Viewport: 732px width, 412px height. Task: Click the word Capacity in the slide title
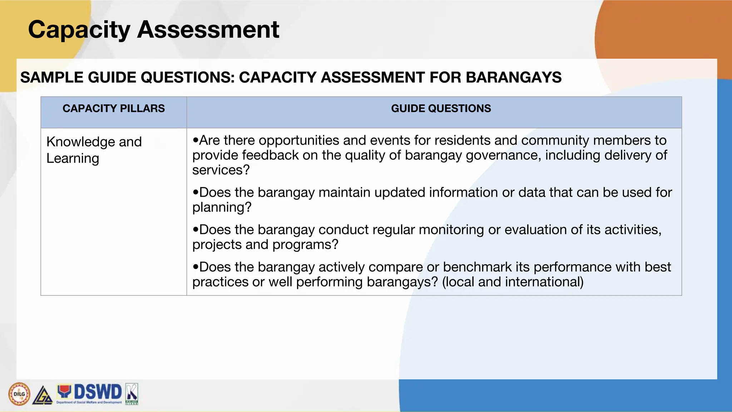tap(79, 29)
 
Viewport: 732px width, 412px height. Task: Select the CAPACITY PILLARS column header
tap(114, 108)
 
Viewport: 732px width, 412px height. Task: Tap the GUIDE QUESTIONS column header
tap(441, 108)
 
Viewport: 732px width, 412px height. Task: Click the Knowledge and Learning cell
tap(94, 150)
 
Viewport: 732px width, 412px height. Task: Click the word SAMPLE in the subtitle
tap(52, 77)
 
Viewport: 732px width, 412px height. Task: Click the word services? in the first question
tap(221, 170)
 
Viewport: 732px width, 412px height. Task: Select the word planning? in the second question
tap(222, 207)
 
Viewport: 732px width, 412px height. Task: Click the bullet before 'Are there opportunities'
tap(195, 140)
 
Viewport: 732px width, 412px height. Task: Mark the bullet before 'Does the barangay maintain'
tap(195, 192)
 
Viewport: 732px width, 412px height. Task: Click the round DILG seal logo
tap(19, 394)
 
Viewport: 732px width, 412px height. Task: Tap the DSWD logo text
tap(98, 392)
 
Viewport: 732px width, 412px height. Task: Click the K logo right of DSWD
tap(132, 394)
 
